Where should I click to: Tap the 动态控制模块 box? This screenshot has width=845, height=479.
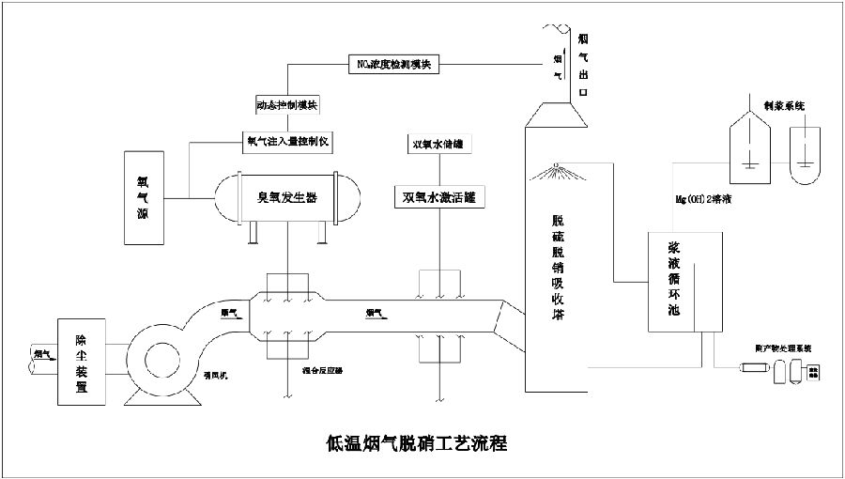point(287,103)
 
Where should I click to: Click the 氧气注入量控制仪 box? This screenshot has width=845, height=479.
point(288,142)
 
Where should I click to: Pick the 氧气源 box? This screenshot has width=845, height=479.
point(144,199)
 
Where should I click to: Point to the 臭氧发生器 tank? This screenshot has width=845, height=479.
point(287,198)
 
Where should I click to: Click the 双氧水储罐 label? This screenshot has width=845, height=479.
point(437,145)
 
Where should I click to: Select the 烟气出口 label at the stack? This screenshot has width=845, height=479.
point(583,66)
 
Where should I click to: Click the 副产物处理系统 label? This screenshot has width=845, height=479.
point(783,348)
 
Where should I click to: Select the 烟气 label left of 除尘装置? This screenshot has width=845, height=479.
point(42,354)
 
